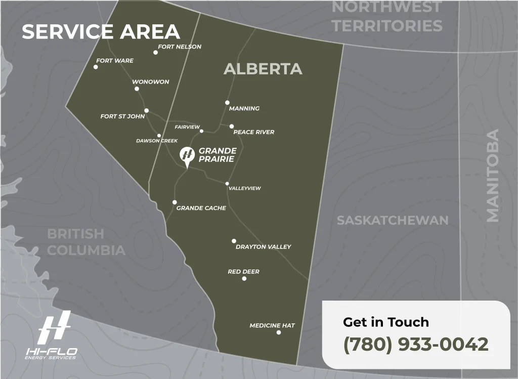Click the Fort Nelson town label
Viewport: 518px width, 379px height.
(180, 47)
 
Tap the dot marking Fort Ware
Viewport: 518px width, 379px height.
(96, 67)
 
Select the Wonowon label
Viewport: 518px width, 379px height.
(151, 81)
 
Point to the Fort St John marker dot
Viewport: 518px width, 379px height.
(146, 110)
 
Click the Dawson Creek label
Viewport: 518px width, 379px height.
(157, 141)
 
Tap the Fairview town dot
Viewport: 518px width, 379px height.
(201, 131)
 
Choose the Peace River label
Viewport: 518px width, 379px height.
(254, 132)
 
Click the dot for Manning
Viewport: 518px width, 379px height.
(228, 102)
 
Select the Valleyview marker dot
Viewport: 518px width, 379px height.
(227, 184)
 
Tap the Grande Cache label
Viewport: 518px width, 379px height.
(201, 208)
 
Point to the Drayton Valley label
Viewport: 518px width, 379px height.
(263, 247)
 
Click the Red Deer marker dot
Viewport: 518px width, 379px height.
(244, 278)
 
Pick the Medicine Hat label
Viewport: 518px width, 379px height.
(272, 325)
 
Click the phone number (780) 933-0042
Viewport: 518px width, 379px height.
(416, 344)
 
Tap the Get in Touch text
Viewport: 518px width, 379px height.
(385, 322)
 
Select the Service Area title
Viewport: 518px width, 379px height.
(101, 31)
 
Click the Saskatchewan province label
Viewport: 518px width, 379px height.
(393, 220)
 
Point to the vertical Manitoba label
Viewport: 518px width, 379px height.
(492, 175)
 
